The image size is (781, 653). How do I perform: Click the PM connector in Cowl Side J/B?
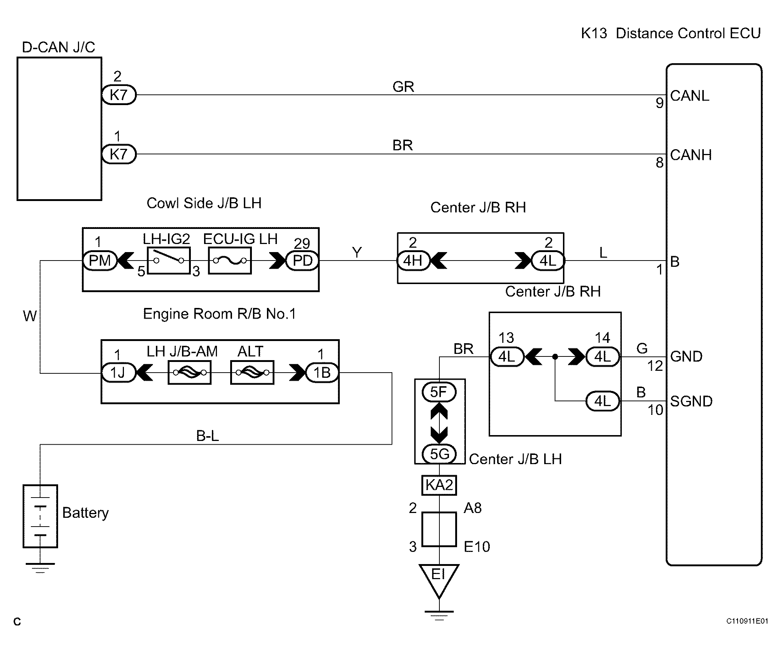(x=100, y=261)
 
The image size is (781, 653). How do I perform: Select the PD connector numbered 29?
(x=302, y=261)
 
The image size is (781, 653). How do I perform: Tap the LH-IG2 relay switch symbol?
(x=169, y=261)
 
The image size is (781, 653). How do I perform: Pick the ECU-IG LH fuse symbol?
(x=230, y=261)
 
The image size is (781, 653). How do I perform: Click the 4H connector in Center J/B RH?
(x=413, y=261)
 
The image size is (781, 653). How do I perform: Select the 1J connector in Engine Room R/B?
(x=118, y=373)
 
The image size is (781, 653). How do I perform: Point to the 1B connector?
(x=322, y=373)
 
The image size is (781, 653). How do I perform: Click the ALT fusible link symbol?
(x=252, y=372)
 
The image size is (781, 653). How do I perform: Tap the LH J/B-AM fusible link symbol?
(x=190, y=372)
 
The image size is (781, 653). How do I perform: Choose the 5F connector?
(x=439, y=392)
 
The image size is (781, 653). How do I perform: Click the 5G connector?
(x=439, y=454)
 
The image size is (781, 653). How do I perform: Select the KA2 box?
(x=439, y=485)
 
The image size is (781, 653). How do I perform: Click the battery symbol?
(x=40, y=516)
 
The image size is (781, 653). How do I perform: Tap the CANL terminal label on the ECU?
(x=689, y=96)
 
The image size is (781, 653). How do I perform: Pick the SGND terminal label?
(x=691, y=401)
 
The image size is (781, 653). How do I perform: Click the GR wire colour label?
(x=403, y=87)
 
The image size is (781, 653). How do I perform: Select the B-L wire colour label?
(x=207, y=435)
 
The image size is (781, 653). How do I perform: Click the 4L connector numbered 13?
(x=507, y=357)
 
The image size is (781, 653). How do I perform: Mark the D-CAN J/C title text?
(x=58, y=47)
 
